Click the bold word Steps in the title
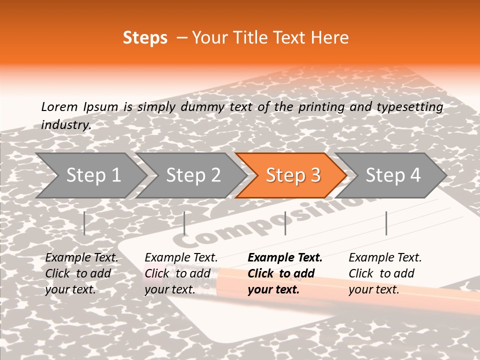(145, 38)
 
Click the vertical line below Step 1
(84, 223)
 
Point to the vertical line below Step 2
(184, 223)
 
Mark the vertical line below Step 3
(285, 223)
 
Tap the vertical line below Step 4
(386, 223)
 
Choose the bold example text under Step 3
(284, 273)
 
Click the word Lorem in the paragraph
(59, 106)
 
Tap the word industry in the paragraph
(65, 125)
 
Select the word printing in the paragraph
(321, 107)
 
